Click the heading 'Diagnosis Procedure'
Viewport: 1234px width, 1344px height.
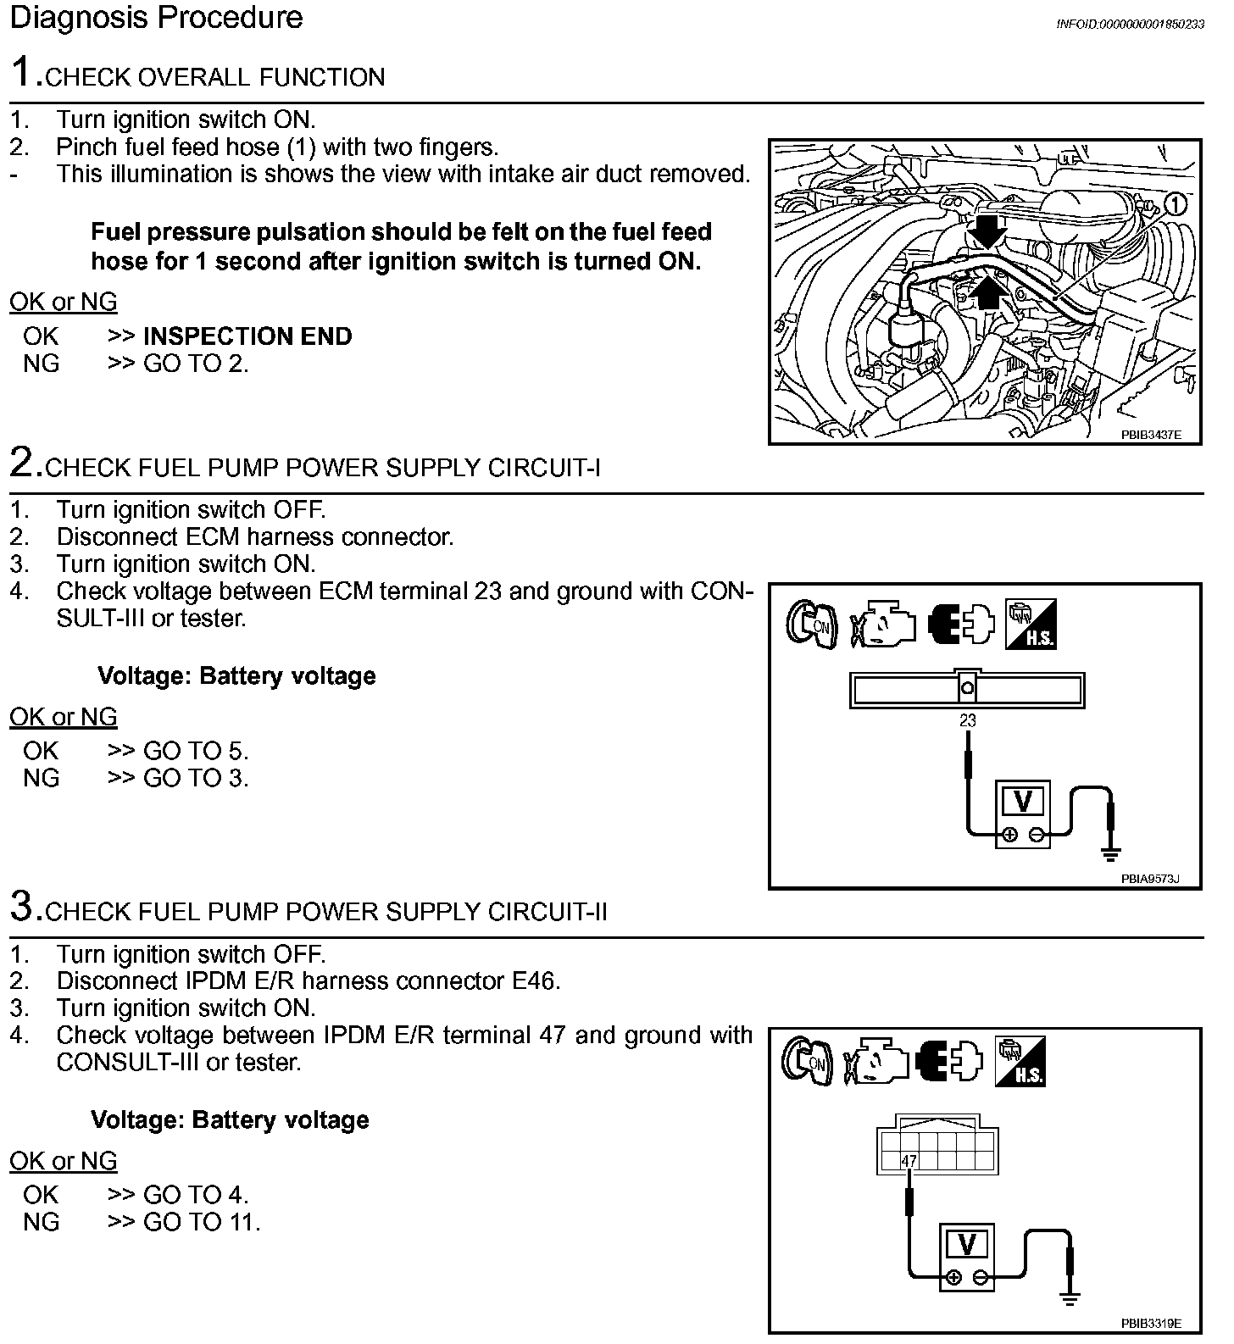156,18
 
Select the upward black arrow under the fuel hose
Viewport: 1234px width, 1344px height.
987,294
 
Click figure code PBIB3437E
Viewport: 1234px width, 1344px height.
1150,434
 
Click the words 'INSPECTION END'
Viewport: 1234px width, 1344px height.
247,336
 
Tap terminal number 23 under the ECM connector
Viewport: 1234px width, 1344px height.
967,721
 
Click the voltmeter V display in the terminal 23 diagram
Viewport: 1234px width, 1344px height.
1022,801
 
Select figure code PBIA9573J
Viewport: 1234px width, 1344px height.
1150,879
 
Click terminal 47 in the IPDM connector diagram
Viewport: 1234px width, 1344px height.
909,1160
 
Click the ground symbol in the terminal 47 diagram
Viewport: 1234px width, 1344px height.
1070,1297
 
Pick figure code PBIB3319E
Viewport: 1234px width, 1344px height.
1150,1323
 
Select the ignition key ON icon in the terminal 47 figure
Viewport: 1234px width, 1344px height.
807,1061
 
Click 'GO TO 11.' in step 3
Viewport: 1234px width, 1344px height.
202,1222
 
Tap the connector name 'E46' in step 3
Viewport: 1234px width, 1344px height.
535,981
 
